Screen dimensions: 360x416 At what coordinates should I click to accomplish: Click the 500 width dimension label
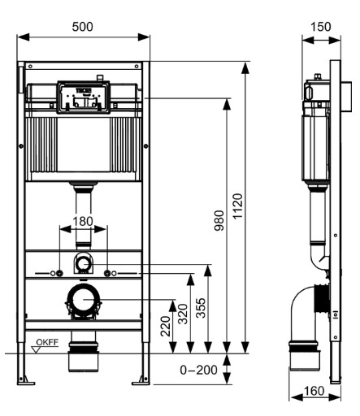pyautogui.click(x=83, y=27)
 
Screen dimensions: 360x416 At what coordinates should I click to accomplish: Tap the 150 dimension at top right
pyautogui.click(x=320, y=27)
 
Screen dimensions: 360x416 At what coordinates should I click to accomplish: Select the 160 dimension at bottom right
pyautogui.click(x=314, y=391)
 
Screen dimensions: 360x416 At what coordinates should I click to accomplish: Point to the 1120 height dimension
pyautogui.click(x=237, y=206)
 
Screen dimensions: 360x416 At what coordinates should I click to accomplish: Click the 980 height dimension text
pyautogui.click(x=219, y=221)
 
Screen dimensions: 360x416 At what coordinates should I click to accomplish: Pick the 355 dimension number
pyautogui.click(x=201, y=308)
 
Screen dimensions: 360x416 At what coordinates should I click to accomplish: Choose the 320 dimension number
pyautogui.click(x=183, y=314)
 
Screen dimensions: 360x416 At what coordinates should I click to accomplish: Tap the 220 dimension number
pyautogui.click(x=166, y=327)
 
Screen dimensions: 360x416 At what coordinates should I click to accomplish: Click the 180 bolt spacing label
pyautogui.click(x=83, y=221)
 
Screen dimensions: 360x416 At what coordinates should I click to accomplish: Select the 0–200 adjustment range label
pyautogui.click(x=198, y=370)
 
